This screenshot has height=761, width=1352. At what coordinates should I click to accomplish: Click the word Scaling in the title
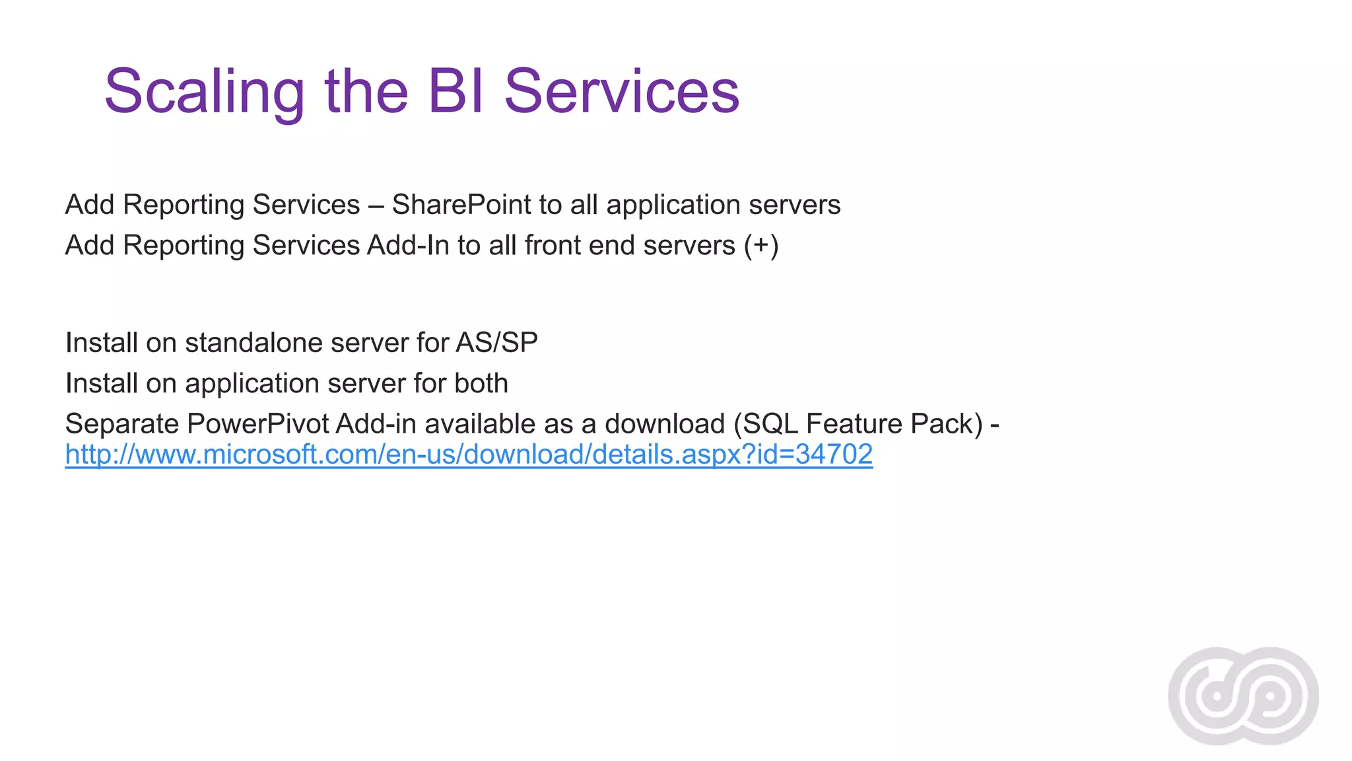(x=204, y=92)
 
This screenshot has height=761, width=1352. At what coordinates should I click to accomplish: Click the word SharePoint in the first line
(x=461, y=205)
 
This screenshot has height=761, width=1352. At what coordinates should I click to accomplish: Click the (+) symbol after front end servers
(x=761, y=246)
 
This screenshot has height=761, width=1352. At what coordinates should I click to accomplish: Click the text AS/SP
(x=496, y=343)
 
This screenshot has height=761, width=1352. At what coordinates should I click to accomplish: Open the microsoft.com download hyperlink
(x=469, y=455)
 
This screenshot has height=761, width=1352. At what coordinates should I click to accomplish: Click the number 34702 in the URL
(x=834, y=454)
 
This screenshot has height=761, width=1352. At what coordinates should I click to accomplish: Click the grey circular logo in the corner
(x=1243, y=696)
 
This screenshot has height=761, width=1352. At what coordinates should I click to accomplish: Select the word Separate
(x=122, y=424)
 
